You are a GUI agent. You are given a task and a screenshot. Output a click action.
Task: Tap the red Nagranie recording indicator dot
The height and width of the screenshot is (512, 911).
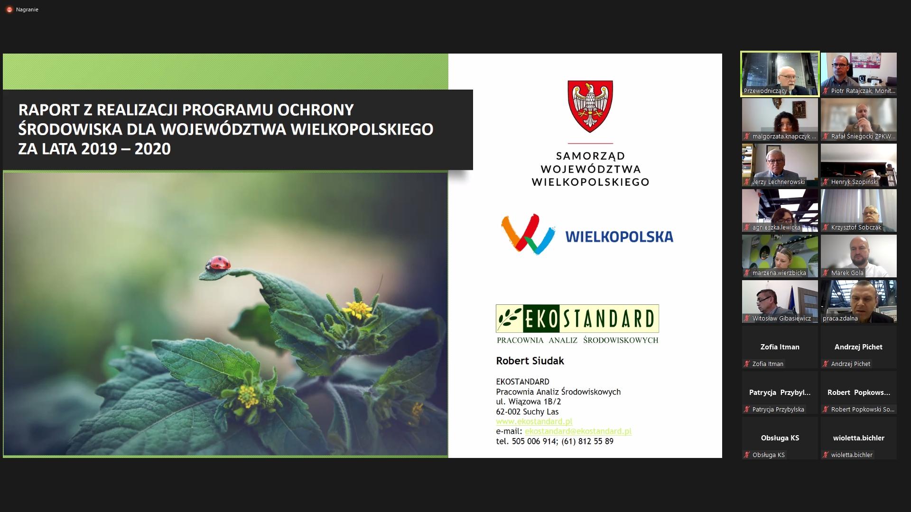point(9,9)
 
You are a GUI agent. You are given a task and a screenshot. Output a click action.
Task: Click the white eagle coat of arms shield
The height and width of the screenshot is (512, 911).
point(590,107)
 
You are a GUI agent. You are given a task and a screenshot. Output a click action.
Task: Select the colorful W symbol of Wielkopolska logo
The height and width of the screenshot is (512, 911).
point(528,234)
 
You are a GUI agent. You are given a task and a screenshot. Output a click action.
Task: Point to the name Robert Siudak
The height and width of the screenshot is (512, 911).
point(530,361)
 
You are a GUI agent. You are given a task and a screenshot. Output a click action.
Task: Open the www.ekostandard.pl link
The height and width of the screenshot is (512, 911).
point(534,421)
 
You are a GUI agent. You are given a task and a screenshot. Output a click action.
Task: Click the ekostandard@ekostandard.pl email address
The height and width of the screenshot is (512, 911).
point(578,431)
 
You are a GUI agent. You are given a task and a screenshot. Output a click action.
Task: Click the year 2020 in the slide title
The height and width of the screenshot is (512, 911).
point(152,149)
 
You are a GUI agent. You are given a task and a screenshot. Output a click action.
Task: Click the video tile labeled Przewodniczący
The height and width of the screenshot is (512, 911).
point(780,74)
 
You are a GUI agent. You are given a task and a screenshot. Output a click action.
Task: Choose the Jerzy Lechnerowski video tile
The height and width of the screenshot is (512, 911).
point(780,165)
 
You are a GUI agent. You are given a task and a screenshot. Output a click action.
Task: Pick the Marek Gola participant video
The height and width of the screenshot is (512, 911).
point(859,256)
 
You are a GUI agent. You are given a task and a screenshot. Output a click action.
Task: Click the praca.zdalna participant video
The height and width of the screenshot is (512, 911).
point(859,302)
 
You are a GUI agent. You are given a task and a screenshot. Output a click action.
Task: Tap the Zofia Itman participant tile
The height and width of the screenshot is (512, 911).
point(780,347)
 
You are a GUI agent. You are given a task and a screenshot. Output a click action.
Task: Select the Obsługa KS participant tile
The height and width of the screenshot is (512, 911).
point(780,438)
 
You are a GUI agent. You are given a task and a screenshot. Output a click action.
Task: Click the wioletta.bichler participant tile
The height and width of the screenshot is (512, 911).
point(859,438)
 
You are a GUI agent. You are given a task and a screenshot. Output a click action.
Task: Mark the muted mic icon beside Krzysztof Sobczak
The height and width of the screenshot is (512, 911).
point(826,228)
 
